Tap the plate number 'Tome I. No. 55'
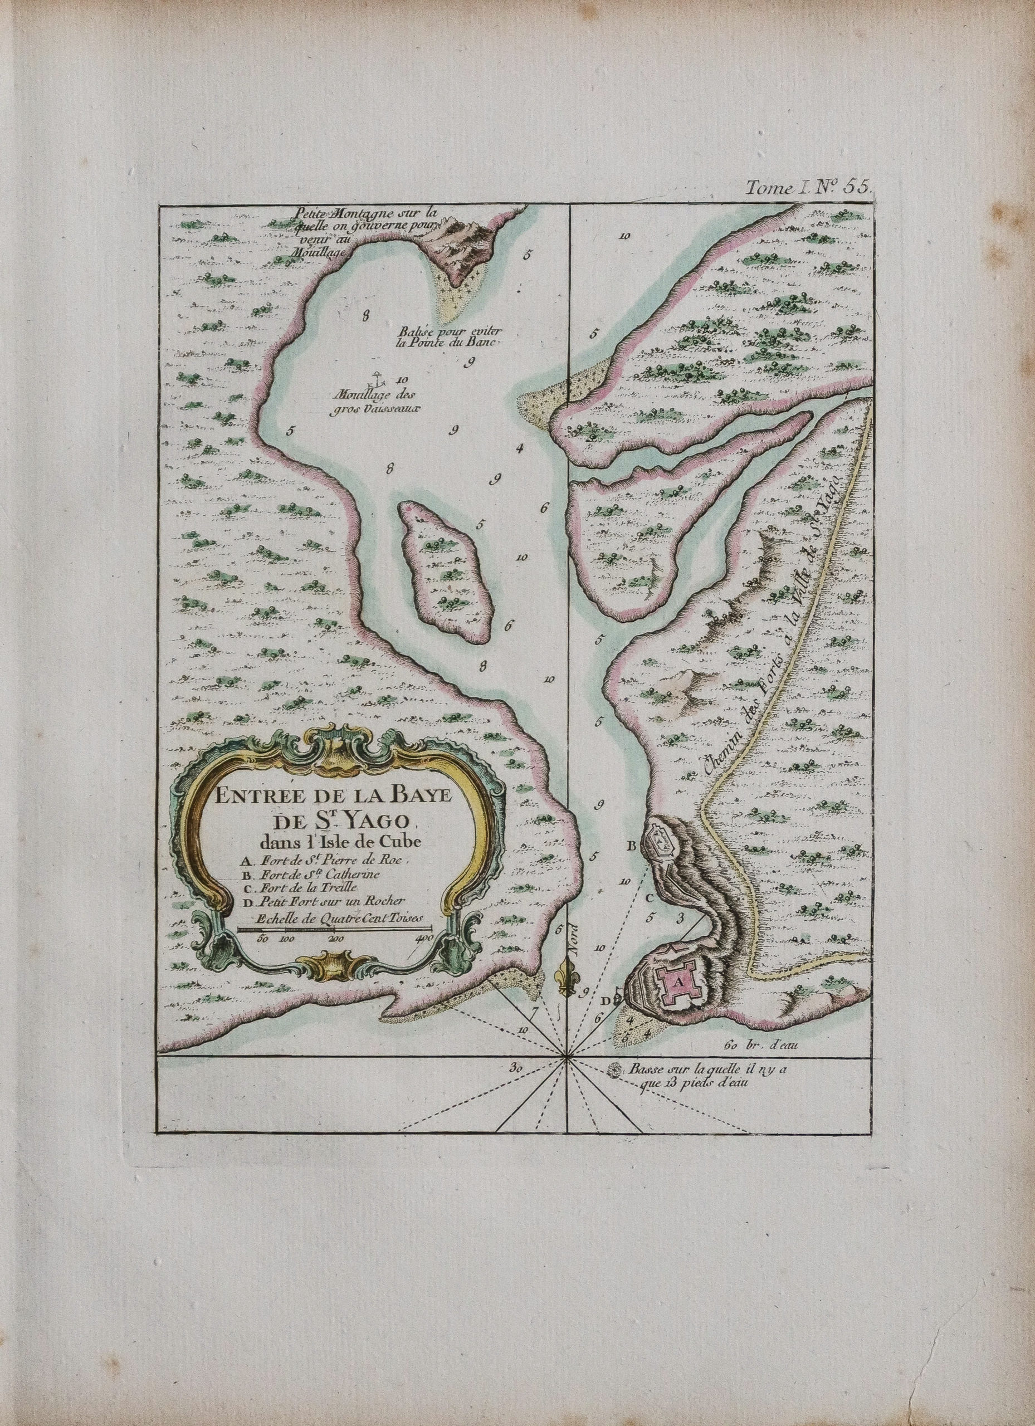pos(807,185)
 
